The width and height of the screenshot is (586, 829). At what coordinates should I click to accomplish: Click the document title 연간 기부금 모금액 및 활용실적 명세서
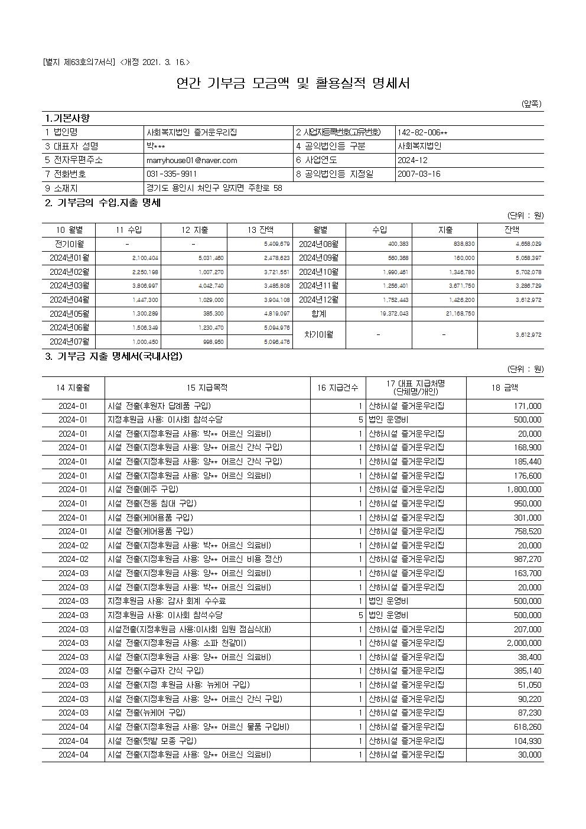coord(293,83)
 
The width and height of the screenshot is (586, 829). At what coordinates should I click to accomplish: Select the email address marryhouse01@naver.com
coord(191,160)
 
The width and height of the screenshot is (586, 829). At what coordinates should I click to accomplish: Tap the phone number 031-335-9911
coord(171,174)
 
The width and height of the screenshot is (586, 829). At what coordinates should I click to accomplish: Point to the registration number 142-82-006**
coord(422,132)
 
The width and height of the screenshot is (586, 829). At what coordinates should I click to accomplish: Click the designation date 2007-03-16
coord(419,174)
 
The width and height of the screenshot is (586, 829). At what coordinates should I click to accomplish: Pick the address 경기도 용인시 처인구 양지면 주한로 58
coord(214,188)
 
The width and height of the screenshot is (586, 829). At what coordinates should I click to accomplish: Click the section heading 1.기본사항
coord(68,119)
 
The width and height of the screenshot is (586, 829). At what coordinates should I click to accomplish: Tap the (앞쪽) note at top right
coord(531,104)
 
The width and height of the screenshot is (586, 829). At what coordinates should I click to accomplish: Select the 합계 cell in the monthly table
coord(320,314)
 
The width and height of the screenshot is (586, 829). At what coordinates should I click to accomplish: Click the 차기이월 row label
coord(320,334)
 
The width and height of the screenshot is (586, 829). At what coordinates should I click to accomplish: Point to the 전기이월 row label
coord(70,244)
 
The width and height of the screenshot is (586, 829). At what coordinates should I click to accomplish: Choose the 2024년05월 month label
coord(70,314)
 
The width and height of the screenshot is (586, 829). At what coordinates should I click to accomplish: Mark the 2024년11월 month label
coord(320,286)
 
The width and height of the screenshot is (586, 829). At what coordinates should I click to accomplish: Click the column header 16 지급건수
coord(337,388)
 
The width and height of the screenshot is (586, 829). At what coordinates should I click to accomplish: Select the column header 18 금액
coord(504,388)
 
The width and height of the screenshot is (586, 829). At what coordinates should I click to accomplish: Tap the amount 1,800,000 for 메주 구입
coord(523,489)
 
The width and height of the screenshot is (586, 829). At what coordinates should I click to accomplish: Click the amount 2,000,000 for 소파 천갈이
coord(523,643)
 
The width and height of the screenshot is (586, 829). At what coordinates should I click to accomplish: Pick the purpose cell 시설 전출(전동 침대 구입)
coord(152,503)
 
